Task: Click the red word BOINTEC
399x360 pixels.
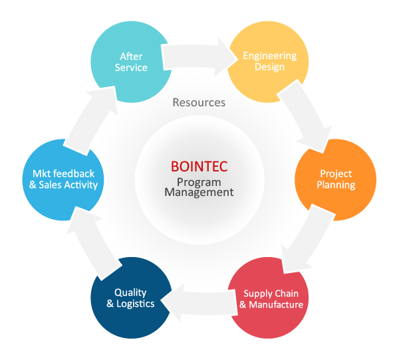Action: (199, 167)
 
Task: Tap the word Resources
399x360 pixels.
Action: (199, 102)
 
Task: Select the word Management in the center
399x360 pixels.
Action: (199, 193)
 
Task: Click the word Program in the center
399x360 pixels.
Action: (199, 183)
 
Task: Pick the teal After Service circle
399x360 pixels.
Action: (131, 62)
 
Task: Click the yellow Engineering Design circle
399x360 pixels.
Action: (268, 62)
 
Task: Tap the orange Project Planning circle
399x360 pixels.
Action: (336, 180)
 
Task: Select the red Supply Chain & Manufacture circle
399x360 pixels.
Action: (268, 298)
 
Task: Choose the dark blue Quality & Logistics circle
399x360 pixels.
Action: (131, 298)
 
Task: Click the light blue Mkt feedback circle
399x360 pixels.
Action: (63, 180)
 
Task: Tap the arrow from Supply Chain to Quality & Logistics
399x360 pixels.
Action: (199, 302)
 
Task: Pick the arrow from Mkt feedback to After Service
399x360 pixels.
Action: (91, 120)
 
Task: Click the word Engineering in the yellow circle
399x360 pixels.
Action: (270, 56)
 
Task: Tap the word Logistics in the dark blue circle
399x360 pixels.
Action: (136, 304)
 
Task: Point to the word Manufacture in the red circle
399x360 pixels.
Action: (276, 305)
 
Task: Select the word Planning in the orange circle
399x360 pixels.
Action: (336, 185)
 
